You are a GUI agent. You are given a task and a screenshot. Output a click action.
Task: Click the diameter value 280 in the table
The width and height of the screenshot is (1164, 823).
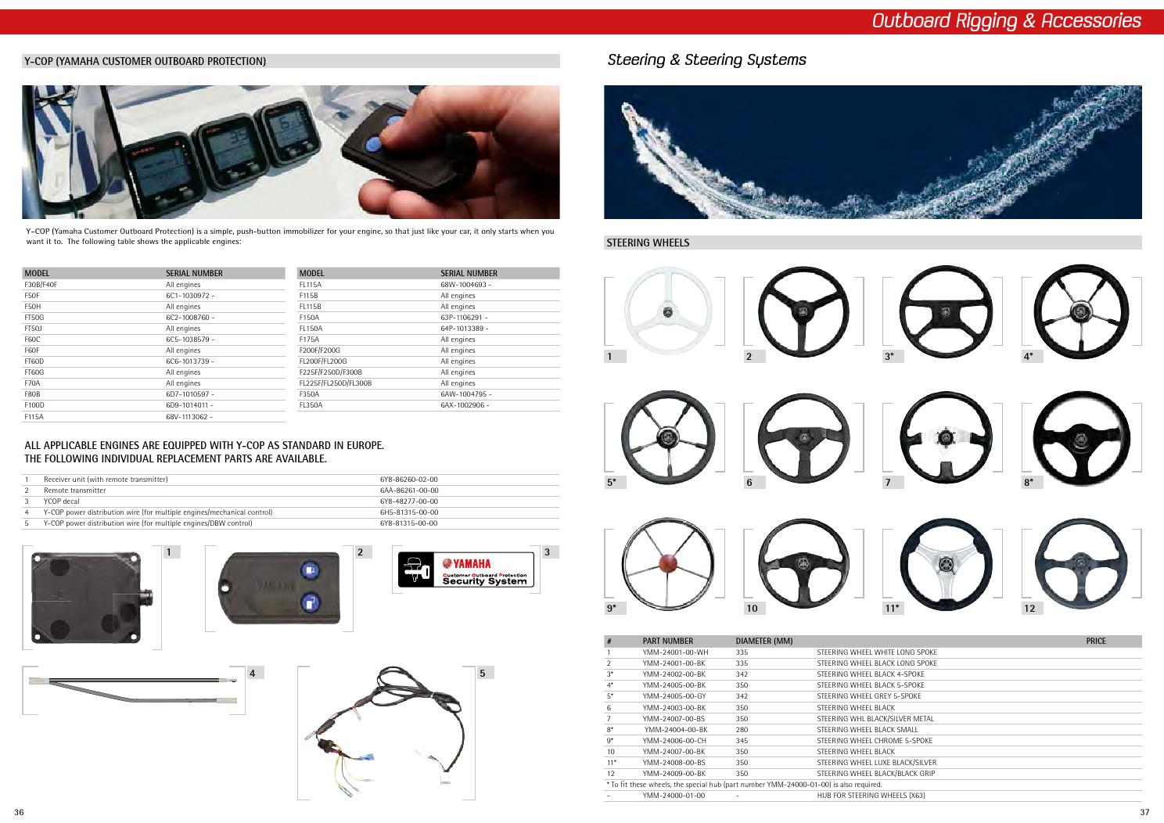[x=742, y=729]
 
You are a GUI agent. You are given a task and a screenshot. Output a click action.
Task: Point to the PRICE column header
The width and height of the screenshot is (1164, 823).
[x=1096, y=641]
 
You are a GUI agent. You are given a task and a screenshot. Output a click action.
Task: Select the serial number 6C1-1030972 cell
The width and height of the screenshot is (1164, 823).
[x=189, y=296]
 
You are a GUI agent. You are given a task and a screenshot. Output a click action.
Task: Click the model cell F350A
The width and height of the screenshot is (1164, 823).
[x=310, y=394]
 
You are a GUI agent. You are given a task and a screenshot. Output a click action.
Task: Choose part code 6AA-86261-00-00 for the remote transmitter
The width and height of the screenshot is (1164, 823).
[x=408, y=491]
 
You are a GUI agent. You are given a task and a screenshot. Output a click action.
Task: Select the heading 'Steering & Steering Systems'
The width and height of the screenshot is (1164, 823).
[x=706, y=60]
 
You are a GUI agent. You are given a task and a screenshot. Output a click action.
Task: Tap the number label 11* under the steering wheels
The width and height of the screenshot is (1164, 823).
[x=892, y=608]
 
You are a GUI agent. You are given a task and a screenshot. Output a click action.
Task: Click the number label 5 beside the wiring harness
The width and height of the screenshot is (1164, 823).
[x=483, y=673]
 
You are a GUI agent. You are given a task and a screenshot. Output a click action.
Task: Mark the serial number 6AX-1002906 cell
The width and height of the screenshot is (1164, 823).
[x=465, y=405]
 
